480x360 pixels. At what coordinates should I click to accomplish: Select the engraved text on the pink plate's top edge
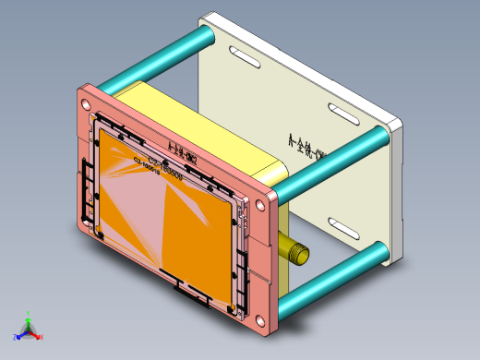point(179,150)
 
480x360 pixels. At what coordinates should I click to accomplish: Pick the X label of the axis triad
point(41,337)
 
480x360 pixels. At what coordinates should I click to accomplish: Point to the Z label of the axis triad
point(16,337)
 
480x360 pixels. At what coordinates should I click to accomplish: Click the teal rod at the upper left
point(157,58)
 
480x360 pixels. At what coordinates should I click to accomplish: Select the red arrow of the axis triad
point(35,333)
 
